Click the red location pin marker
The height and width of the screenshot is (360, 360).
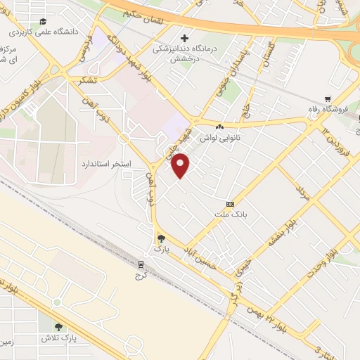(x=182, y=167)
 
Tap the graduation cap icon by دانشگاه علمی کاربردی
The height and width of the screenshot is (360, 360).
(x=44, y=22)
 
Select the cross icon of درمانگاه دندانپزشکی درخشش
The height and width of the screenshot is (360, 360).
(x=185, y=37)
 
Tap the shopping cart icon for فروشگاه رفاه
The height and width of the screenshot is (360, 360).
(x=328, y=98)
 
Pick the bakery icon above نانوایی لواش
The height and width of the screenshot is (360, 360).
(x=220, y=127)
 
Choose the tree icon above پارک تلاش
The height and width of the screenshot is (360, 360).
(x=58, y=326)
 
